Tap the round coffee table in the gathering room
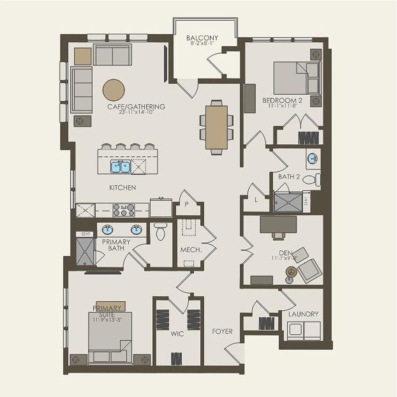[x=114, y=90]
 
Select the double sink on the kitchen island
[x=120, y=166]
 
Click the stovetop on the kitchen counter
[x=123, y=209]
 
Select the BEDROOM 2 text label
[x=282, y=100]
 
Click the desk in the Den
[x=278, y=224]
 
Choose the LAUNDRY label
[x=303, y=314]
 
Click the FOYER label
[x=222, y=331]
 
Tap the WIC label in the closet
[x=178, y=333]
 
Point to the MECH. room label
[x=191, y=250]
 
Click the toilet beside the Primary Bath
[x=160, y=231]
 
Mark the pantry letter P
[x=186, y=203]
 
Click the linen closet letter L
[x=256, y=199]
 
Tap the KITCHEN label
[x=123, y=188]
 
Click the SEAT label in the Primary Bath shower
[x=85, y=234]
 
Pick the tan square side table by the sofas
[x=83, y=56]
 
